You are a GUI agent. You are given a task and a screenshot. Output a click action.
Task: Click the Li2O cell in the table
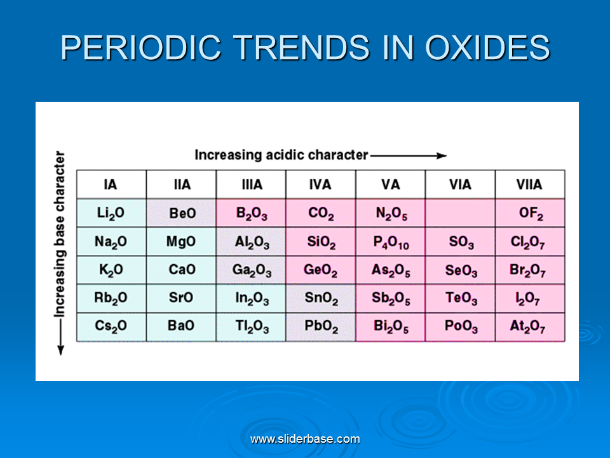(x=112, y=213)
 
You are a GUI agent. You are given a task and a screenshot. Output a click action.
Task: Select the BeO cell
(x=181, y=213)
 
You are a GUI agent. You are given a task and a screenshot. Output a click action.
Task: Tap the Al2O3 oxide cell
(x=252, y=242)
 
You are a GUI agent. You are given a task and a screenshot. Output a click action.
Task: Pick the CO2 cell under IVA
(x=321, y=213)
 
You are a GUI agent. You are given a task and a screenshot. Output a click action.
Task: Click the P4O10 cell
(x=391, y=242)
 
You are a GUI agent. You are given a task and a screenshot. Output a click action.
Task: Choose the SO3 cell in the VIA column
(x=461, y=242)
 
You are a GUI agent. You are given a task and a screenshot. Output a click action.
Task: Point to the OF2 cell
(x=530, y=213)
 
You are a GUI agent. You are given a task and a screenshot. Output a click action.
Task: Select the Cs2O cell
(x=112, y=327)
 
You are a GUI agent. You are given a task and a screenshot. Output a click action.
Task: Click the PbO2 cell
(x=321, y=327)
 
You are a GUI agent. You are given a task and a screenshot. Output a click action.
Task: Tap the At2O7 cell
(x=530, y=327)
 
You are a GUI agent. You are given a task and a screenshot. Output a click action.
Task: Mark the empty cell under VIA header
(x=461, y=213)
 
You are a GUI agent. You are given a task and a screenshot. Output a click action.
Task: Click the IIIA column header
(x=252, y=184)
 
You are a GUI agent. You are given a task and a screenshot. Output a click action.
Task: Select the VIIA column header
(x=530, y=184)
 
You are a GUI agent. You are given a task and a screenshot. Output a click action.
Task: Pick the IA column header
(x=112, y=184)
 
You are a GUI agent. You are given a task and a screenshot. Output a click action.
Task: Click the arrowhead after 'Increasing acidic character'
(x=442, y=156)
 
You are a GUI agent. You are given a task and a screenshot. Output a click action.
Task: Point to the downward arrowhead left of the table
(x=61, y=350)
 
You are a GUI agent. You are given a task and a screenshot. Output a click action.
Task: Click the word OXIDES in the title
(x=487, y=48)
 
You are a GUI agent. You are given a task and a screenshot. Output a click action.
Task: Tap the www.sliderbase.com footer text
(x=306, y=440)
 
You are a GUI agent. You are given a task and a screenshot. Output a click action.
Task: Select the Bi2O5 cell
(x=391, y=327)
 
